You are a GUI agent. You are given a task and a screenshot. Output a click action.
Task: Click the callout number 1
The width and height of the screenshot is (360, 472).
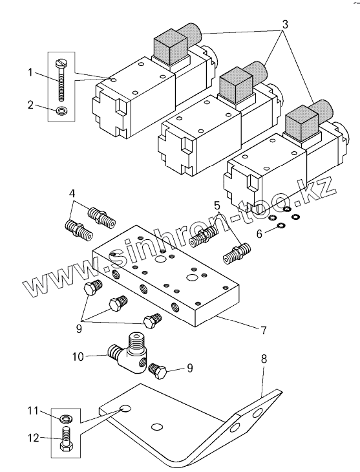click(x=30, y=72)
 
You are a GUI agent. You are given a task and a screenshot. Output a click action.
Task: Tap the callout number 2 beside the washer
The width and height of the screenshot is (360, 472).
click(x=30, y=105)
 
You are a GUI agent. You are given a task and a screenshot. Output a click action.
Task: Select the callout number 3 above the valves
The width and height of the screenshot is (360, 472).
click(x=284, y=25)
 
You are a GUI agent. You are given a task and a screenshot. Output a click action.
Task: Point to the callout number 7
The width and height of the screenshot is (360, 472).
click(x=264, y=330)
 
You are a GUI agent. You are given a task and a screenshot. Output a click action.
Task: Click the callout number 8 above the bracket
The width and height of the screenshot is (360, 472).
click(x=264, y=359)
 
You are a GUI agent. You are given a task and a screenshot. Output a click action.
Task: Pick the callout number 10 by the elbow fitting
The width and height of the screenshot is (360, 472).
click(x=78, y=357)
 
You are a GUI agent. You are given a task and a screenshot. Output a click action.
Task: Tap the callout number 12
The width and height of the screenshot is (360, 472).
click(x=34, y=438)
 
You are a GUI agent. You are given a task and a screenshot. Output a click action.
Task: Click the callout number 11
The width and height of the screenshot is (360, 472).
click(x=33, y=411)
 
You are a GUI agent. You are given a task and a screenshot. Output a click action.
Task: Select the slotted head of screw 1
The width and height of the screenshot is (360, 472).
click(x=60, y=63)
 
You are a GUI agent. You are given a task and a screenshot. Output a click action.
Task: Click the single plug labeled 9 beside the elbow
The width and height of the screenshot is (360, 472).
click(x=158, y=370)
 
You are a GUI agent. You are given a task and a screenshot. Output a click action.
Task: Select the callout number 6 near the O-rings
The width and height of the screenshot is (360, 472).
click(x=259, y=233)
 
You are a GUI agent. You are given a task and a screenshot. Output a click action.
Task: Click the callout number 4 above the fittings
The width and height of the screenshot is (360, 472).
click(x=72, y=193)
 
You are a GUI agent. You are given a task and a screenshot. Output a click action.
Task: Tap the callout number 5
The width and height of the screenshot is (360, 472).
click(x=217, y=206)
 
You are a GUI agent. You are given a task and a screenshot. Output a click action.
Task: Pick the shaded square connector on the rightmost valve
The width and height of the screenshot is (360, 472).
click(x=301, y=123)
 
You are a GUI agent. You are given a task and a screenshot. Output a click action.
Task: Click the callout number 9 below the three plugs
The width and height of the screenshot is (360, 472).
click(x=79, y=329)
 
